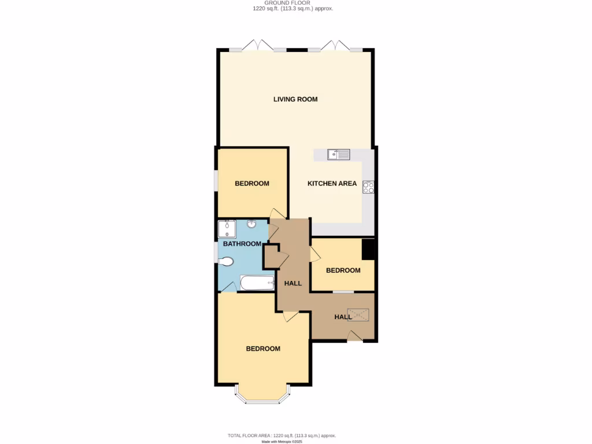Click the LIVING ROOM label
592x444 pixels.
click(x=295, y=99)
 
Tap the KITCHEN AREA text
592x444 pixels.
click(x=332, y=184)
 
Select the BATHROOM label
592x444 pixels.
click(x=242, y=244)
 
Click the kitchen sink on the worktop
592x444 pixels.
click(x=338, y=154)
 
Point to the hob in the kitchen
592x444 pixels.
click(x=368, y=187)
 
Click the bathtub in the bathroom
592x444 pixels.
click(x=257, y=283)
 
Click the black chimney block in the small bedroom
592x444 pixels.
click(x=369, y=250)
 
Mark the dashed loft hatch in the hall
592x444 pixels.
click(x=358, y=315)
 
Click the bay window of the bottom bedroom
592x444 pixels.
click(x=263, y=398)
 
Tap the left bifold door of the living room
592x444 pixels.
click(x=258, y=45)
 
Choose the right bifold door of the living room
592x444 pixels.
click(x=336, y=45)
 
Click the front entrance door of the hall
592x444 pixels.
click(x=356, y=336)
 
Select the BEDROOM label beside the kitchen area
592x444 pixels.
click(x=251, y=184)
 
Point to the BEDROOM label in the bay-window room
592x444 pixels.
click(x=263, y=349)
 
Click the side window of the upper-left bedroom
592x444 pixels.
click(x=216, y=180)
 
